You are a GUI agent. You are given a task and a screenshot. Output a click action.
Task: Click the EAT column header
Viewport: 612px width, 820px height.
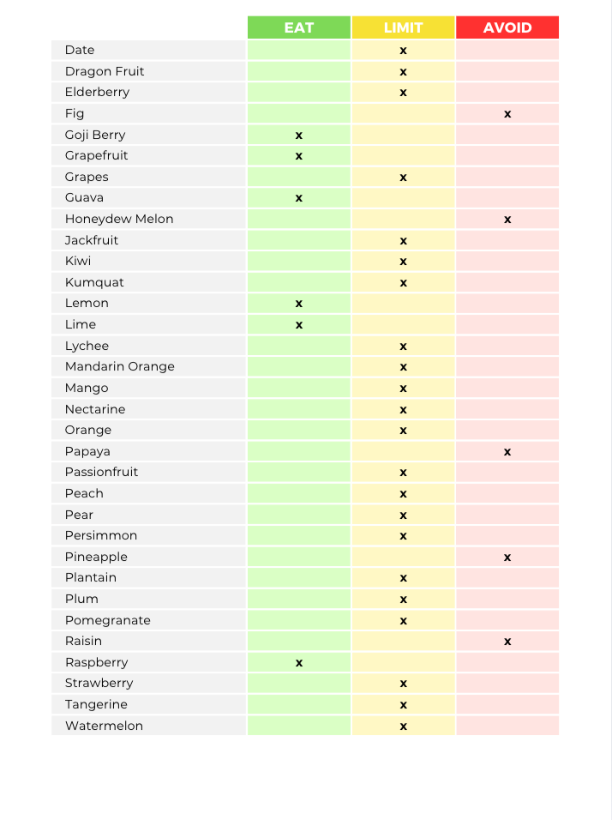(299, 27)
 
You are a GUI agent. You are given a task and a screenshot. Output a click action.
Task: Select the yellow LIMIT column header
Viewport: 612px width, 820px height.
(403, 27)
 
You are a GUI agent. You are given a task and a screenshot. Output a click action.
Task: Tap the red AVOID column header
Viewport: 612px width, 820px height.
(507, 27)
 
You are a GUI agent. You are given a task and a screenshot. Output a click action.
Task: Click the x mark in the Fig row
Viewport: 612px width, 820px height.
(507, 113)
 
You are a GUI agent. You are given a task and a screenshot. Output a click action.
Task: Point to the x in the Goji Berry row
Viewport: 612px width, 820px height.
(299, 135)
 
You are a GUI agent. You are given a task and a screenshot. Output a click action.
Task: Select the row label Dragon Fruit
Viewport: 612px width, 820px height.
(105, 71)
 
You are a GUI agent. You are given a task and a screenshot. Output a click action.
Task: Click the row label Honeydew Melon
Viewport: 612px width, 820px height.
(119, 219)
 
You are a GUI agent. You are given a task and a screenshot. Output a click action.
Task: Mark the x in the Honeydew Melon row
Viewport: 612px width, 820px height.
(507, 220)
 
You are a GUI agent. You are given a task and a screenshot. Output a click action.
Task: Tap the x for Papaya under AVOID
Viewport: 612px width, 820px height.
(507, 451)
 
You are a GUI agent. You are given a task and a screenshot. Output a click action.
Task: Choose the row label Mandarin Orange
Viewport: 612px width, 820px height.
(120, 366)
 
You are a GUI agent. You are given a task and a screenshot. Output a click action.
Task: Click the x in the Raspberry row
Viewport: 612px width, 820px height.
(299, 662)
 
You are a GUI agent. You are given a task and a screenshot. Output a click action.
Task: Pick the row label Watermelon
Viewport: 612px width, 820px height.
(104, 726)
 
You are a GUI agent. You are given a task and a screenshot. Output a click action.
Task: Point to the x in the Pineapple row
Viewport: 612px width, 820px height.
(507, 557)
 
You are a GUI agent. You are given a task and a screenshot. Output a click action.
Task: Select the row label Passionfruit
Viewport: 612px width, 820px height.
(101, 472)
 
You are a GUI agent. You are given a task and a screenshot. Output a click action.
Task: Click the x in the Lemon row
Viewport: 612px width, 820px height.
(299, 304)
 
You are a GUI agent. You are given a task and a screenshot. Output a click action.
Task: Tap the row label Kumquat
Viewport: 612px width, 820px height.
(88, 282)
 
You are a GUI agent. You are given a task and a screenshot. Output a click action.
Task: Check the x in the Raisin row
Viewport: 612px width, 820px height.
(507, 641)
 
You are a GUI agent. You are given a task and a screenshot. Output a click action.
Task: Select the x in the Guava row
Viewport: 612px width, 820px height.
(299, 198)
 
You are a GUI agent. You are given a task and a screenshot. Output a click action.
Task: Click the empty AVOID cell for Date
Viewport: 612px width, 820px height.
(507, 51)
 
